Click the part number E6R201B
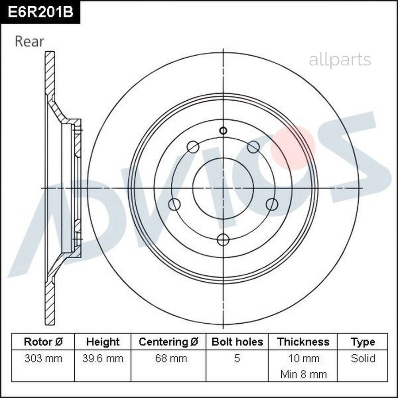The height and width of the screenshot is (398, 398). coord(40,12)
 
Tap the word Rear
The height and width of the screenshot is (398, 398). coord(29,42)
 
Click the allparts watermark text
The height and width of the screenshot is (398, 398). coord(340,60)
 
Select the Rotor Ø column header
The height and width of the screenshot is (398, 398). coord(43,342)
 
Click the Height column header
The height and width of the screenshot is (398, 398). coord(103,342)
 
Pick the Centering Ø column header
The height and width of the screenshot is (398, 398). coord(168,342)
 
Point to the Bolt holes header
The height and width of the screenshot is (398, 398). coord(237,342)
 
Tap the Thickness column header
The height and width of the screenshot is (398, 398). coord(303,342)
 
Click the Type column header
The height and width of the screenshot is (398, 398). coord(363,342)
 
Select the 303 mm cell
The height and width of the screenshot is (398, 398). coord(43,358)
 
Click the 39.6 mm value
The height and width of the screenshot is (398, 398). coord(103,358)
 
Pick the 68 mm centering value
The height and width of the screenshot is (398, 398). coord(168,358)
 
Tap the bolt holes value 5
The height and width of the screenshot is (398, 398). coord(237,358)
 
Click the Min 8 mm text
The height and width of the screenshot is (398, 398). coord(303,374)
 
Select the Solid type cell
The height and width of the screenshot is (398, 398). coord(363,358)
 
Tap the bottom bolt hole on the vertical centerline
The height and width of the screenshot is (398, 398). coord(223,240)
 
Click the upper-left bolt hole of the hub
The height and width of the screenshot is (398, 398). coord(193,147)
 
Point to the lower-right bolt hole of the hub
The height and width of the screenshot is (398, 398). coord(272,204)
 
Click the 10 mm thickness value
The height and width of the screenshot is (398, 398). coord(303,358)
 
